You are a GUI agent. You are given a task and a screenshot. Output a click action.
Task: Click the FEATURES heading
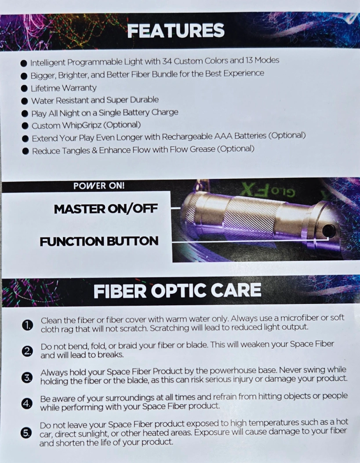(176, 31)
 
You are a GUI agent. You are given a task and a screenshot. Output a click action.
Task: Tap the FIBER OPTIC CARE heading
(177, 290)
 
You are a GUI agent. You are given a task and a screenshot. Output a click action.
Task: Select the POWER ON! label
(99, 186)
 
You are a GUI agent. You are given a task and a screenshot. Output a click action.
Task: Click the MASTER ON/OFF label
(105, 209)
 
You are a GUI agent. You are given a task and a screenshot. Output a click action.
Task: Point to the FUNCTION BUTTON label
(99, 241)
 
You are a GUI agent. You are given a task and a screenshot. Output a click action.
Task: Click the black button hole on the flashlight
(328, 230)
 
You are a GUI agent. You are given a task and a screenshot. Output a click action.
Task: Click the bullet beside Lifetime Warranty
(24, 88)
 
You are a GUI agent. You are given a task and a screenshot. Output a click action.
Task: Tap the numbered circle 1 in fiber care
(27, 325)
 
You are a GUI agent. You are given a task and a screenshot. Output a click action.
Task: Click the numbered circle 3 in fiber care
(27, 377)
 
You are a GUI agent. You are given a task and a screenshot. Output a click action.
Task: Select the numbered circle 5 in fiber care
(26, 433)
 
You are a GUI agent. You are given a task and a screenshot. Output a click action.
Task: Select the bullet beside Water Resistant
(25, 101)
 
